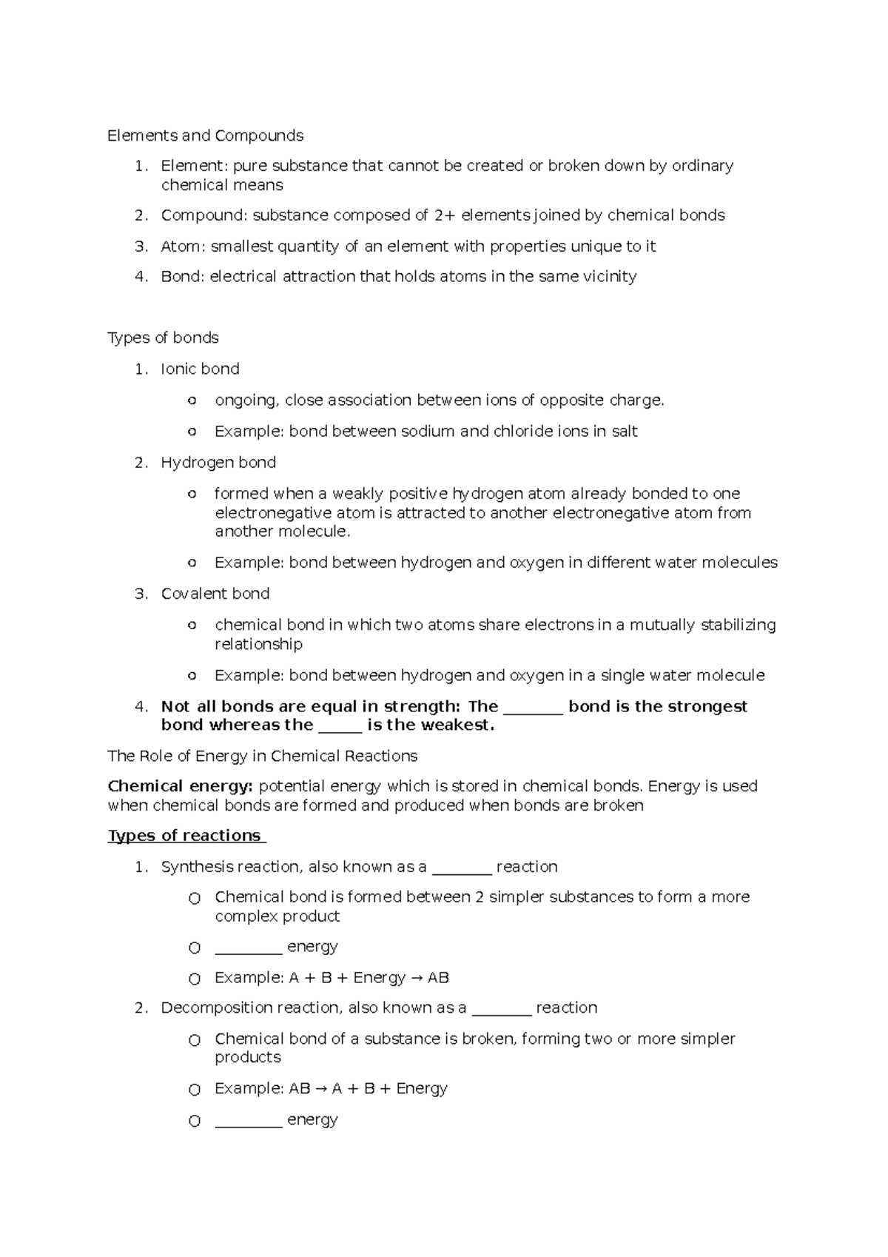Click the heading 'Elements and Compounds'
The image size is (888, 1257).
click(205, 135)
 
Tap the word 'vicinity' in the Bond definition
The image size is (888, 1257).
click(608, 277)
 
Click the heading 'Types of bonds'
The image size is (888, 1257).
click(163, 338)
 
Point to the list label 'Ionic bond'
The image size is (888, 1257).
click(200, 369)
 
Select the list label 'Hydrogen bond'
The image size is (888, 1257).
click(218, 463)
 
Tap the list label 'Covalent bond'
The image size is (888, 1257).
click(215, 594)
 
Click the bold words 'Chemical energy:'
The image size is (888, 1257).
click(180, 786)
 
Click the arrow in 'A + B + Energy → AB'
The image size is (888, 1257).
click(416, 978)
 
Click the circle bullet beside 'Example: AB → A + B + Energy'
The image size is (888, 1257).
click(195, 1090)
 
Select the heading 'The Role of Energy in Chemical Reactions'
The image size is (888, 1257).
click(262, 756)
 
